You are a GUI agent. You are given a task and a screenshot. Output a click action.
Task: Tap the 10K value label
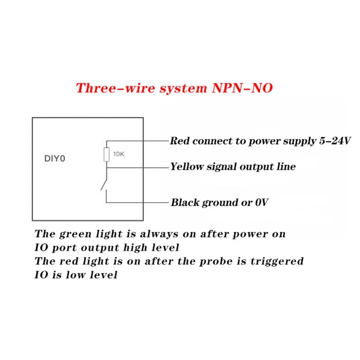(118, 154)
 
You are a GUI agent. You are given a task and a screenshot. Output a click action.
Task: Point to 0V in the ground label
(261, 202)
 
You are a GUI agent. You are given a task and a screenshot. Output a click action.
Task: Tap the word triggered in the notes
(278, 261)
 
